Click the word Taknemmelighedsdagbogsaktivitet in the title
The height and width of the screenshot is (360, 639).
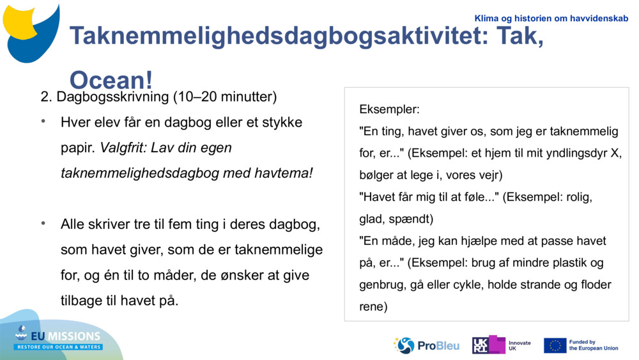(271, 36)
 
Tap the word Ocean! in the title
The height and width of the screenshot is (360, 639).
(111, 81)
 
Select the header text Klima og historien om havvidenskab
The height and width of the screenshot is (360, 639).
(551, 19)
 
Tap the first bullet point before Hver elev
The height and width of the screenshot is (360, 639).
(43, 121)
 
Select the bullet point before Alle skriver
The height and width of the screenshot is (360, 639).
(43, 224)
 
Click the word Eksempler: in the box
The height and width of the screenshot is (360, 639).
(389, 109)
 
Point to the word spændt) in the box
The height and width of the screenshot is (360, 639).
(411, 219)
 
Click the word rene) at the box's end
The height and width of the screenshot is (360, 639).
(373, 306)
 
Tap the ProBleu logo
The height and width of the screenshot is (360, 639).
(426, 345)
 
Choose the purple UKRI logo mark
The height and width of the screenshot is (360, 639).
(488, 345)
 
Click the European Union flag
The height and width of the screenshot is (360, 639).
(555, 345)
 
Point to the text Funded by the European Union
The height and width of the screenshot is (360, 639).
(594, 345)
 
